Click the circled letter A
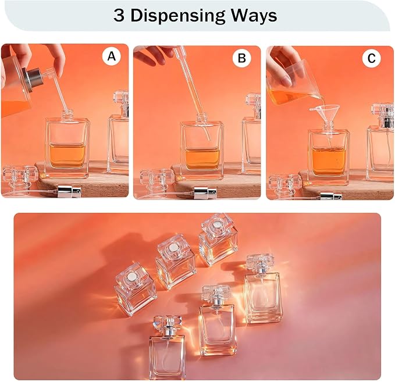112,56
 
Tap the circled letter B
242,58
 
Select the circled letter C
372,58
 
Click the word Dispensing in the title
178,16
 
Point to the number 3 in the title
119,15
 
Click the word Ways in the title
254,16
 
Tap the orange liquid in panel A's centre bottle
67,156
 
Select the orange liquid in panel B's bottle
202,159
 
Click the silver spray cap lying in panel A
69,191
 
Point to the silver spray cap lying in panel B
205,193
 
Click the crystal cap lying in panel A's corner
20,178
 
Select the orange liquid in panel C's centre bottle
329,162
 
